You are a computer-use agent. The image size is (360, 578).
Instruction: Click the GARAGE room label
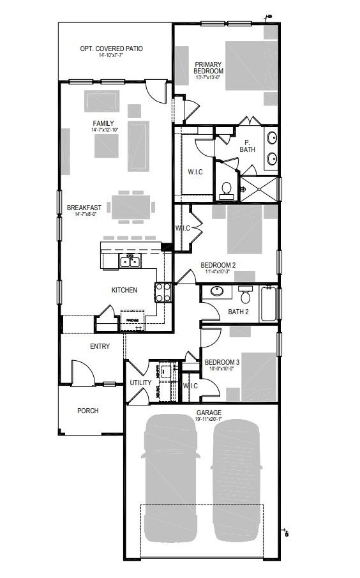coord(209,413)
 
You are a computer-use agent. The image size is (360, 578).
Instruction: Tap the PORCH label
coord(88,411)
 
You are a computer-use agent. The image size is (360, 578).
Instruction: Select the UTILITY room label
coord(140,383)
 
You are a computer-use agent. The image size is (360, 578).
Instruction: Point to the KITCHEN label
coord(124,290)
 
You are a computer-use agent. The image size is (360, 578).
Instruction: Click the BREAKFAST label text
coord(84,207)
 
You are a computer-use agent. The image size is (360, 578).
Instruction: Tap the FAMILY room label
coord(103,123)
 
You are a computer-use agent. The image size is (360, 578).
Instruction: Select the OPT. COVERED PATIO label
coord(111,49)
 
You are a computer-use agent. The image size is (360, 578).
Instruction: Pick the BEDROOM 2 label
coord(218,265)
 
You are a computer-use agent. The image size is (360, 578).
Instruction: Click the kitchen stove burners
coord(163,293)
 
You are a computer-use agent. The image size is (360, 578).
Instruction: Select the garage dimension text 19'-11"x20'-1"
coord(209,420)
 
